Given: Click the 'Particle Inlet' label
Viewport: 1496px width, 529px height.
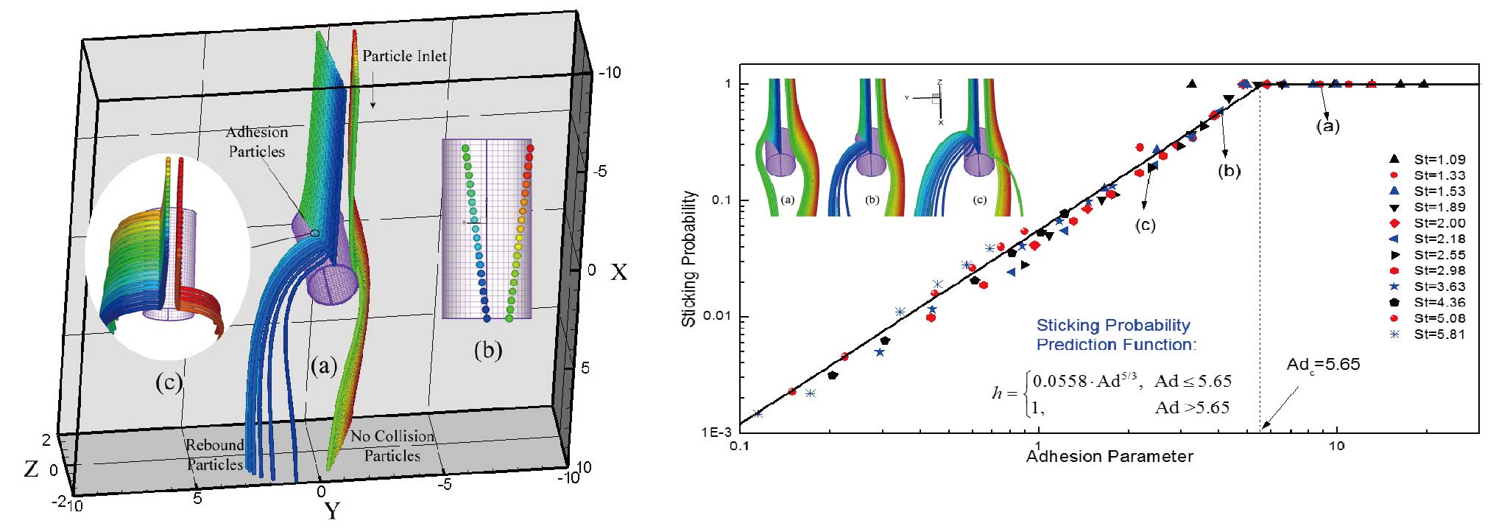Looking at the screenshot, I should pyautogui.click(x=404, y=56).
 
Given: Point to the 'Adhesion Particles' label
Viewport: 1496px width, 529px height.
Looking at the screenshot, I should pyautogui.click(x=256, y=141).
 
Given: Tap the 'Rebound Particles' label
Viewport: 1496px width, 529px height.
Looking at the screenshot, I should pyautogui.click(x=214, y=455).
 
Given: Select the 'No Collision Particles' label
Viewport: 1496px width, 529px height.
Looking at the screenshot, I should pyautogui.click(x=392, y=446).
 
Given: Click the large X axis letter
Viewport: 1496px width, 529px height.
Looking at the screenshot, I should pyautogui.click(x=618, y=273).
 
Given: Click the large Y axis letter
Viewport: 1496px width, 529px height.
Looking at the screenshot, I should pyautogui.click(x=332, y=510).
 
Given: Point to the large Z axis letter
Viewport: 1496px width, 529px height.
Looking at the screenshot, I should pyautogui.click(x=31, y=469).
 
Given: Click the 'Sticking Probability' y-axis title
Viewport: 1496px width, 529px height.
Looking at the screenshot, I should pyautogui.click(x=689, y=259).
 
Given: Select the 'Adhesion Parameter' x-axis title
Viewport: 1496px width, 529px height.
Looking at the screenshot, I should pyautogui.click(x=1109, y=457).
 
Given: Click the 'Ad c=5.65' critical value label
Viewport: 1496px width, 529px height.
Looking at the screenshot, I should pyautogui.click(x=1323, y=365).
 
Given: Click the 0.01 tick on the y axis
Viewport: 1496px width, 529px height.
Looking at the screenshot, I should pyautogui.click(x=719, y=317).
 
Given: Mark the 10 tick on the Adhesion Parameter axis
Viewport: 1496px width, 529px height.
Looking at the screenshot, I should pyautogui.click(x=1336, y=446).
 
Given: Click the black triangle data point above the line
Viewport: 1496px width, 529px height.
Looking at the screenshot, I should pyautogui.click(x=1192, y=84).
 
